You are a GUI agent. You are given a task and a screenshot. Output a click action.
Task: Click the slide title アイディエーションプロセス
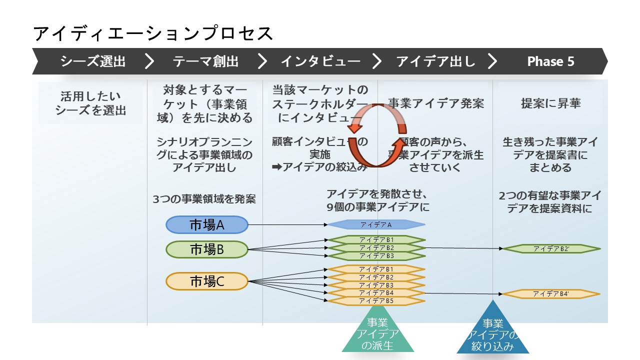[x=153, y=33]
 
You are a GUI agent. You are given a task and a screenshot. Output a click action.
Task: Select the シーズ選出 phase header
[x=92, y=61]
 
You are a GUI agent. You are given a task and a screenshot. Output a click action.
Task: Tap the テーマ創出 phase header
[x=205, y=61]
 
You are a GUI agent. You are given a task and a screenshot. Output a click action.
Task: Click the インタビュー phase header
[x=320, y=61]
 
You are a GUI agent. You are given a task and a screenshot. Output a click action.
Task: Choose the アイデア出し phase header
[x=435, y=61]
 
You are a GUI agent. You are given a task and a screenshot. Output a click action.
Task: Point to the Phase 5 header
[x=550, y=61]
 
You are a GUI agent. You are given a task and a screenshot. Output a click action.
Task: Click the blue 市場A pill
[x=207, y=225]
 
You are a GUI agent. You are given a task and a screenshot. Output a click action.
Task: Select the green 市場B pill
[x=207, y=249]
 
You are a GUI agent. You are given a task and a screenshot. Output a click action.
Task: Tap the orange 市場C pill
[x=207, y=281]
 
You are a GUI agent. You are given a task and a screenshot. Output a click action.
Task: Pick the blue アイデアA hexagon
[x=376, y=224]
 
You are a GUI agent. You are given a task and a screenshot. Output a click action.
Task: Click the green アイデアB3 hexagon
[x=376, y=256]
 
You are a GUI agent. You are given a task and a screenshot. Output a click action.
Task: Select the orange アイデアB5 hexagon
[x=376, y=301]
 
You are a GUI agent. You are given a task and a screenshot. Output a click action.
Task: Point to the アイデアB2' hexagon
[x=551, y=248]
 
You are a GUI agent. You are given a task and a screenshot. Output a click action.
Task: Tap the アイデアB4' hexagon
[x=551, y=293]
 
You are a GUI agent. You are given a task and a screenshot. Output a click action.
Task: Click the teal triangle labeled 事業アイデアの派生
[x=377, y=335]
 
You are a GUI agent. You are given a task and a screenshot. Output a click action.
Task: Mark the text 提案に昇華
[x=550, y=103]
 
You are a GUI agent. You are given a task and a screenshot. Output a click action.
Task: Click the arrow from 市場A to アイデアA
[x=287, y=225]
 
